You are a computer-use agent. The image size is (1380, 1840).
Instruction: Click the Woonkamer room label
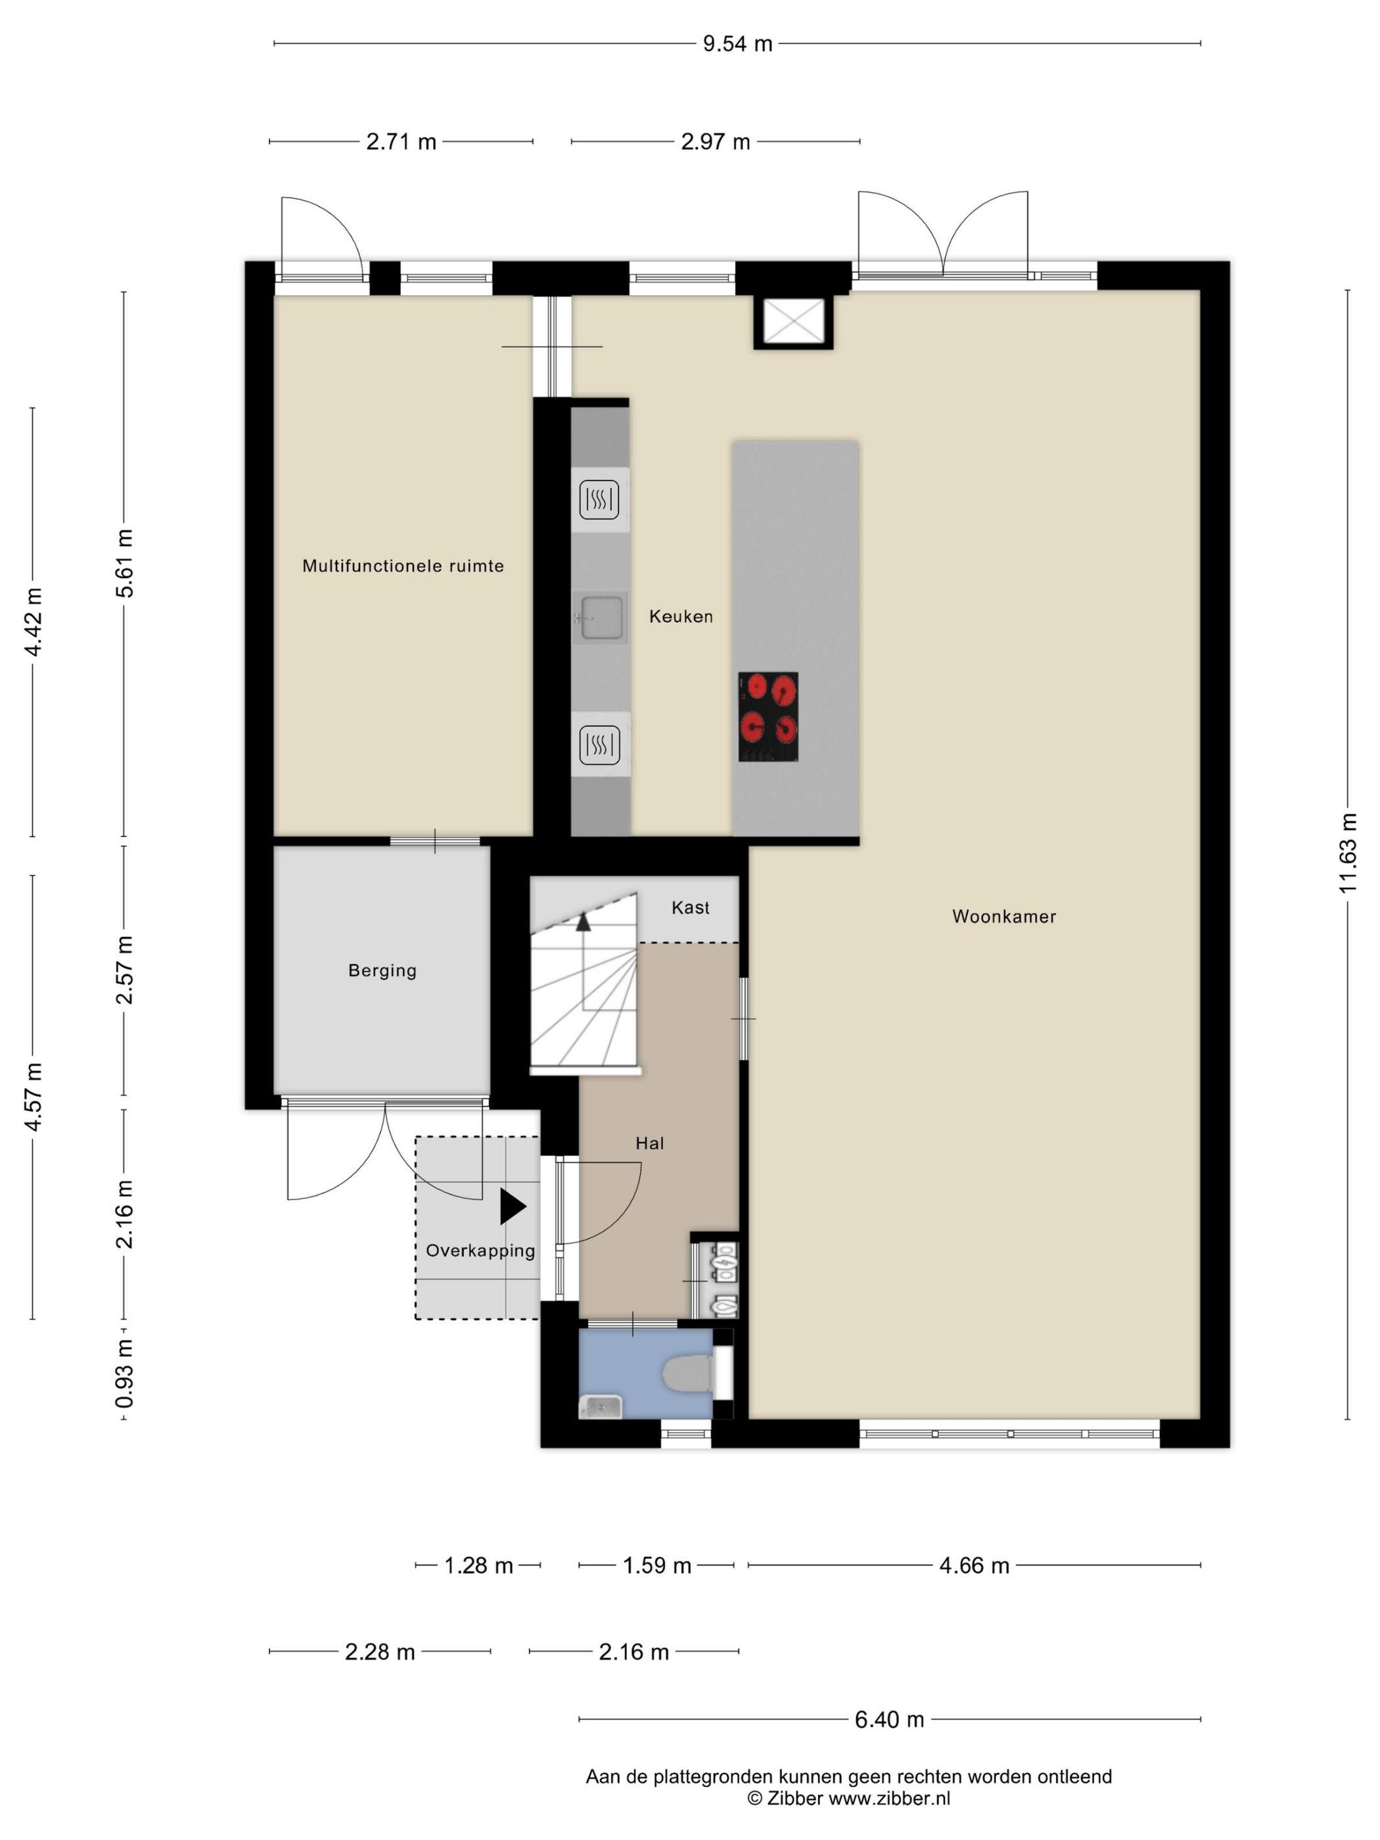pyautogui.click(x=1003, y=917)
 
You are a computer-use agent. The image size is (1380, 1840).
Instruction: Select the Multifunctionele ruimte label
pyautogui.click(x=403, y=566)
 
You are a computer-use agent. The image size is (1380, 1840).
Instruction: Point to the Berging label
pyautogui.click(x=382, y=971)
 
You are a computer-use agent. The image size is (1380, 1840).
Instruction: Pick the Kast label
pyautogui.click(x=691, y=908)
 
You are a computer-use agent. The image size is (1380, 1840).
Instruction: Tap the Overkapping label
pyautogui.click(x=480, y=1251)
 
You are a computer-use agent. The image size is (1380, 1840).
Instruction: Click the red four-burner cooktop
pyautogui.click(x=768, y=716)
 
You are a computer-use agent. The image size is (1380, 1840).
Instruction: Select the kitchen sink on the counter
pyautogui.click(x=601, y=617)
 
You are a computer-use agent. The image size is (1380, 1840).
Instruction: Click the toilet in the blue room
pyautogui.click(x=688, y=1373)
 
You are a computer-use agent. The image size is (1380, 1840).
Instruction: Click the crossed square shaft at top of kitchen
pyautogui.click(x=793, y=322)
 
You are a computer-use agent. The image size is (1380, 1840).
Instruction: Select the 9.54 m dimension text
pyautogui.click(x=737, y=44)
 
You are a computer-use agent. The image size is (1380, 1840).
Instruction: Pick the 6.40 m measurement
pyautogui.click(x=889, y=1719)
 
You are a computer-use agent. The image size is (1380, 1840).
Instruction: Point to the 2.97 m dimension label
pyautogui.click(x=716, y=142)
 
